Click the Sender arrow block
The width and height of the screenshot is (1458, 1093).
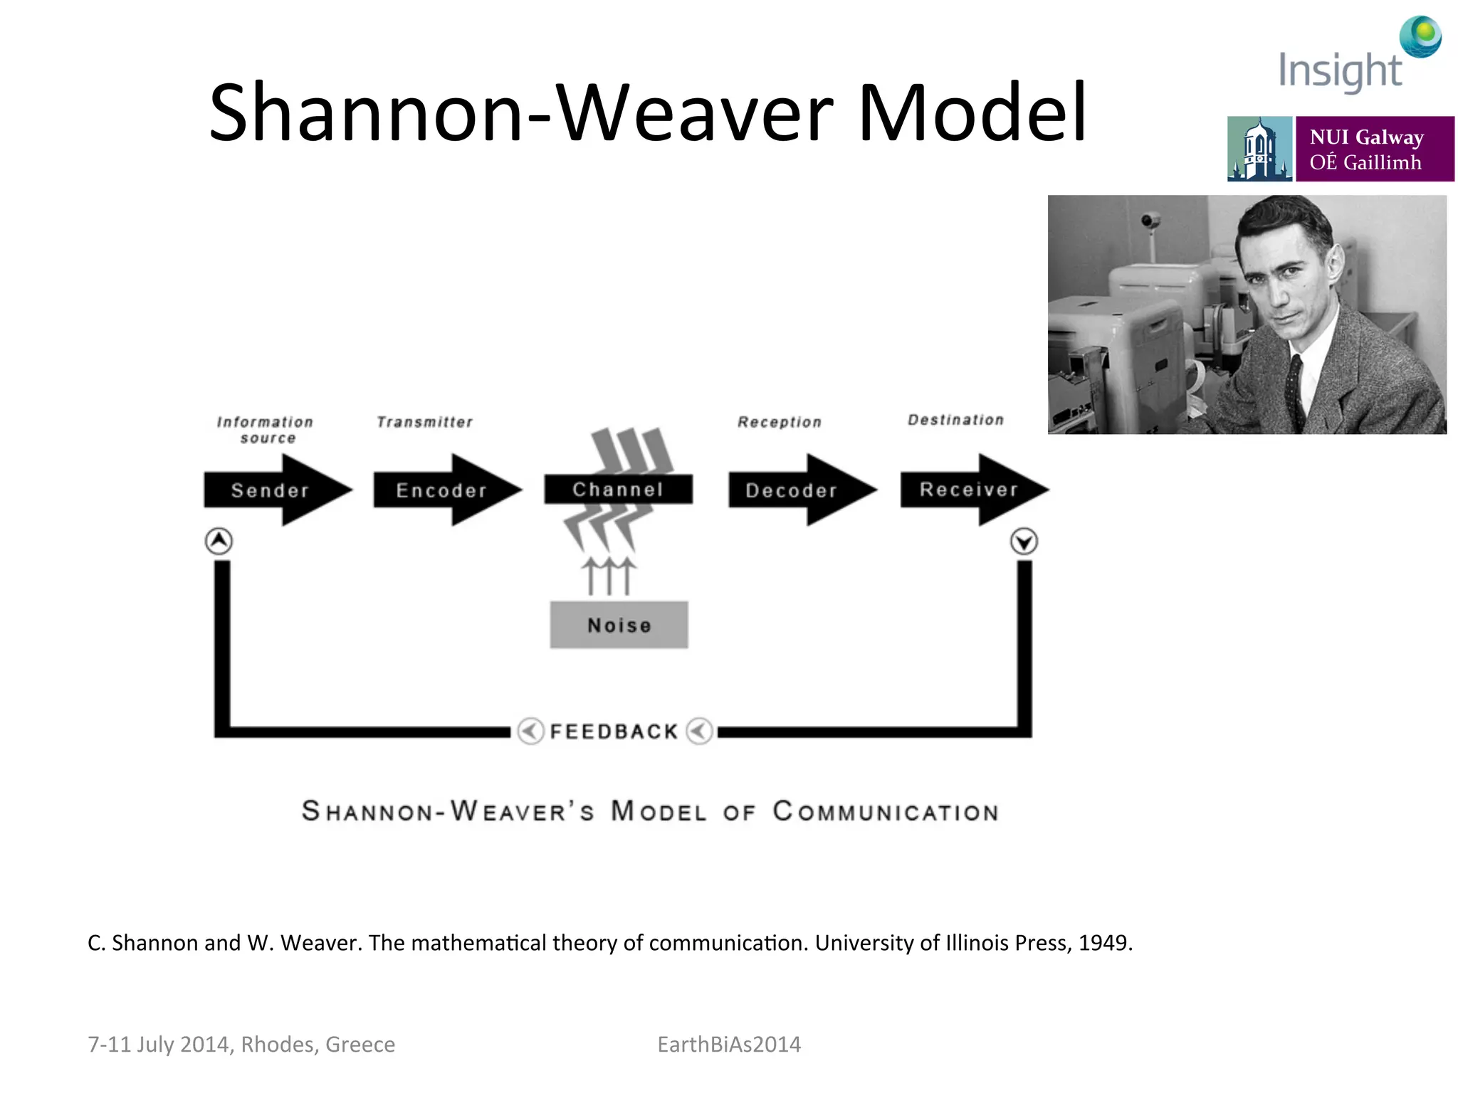click(271, 490)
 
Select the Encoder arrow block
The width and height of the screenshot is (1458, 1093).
click(441, 490)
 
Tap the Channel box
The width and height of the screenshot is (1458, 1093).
click(618, 490)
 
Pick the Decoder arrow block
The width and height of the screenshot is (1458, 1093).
click(792, 490)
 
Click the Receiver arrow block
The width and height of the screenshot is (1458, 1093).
click(968, 490)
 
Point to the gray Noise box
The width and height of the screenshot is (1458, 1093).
click(619, 625)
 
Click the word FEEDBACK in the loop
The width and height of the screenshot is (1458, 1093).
click(614, 732)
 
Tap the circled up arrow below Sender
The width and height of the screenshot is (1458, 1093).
click(219, 541)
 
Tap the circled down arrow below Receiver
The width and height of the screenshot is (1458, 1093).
click(1024, 542)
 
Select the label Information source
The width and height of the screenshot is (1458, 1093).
click(266, 430)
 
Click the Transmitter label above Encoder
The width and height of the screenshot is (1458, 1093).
click(424, 422)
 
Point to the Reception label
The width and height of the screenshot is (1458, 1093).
click(780, 422)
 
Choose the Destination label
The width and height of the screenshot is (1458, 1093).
click(955, 420)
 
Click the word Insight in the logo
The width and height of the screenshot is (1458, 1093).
click(1339, 71)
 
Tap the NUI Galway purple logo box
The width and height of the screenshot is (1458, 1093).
click(1374, 149)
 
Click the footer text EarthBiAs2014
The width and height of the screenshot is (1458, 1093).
click(729, 1044)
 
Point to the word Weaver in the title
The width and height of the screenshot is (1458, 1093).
click(694, 114)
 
